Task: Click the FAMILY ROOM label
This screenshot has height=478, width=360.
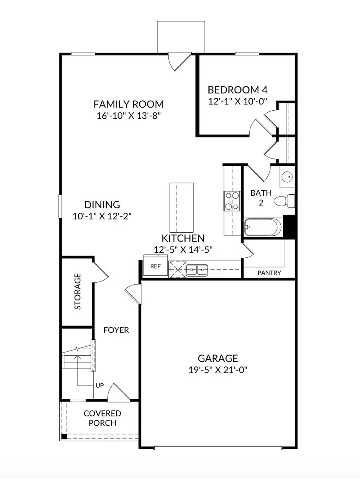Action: pos(128,104)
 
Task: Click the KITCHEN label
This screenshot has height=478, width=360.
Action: pos(183,239)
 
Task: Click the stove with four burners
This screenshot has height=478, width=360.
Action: pos(232,201)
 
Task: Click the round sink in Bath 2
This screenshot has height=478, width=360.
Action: pos(286,177)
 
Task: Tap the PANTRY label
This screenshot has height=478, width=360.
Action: pos(269,273)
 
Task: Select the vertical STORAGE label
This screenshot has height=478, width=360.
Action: pos(78,291)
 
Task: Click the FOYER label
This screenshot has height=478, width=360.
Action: pos(116,330)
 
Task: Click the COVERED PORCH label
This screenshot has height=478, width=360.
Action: pos(102,418)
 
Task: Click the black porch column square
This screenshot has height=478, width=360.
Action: pos(64,436)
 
